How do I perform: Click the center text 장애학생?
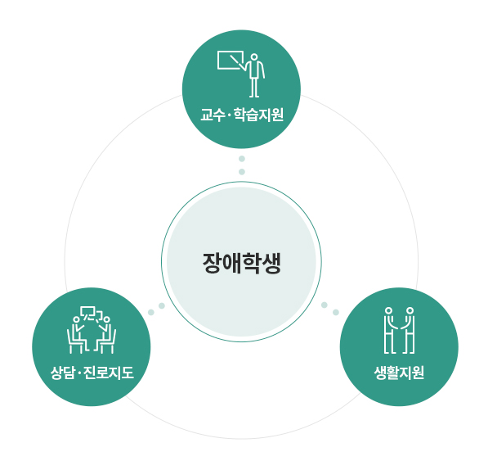242,264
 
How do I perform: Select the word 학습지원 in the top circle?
258,115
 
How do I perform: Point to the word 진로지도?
109,373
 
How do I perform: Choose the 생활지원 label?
399,373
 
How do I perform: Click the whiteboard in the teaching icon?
231,60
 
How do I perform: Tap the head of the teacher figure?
254,57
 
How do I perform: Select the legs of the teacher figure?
254,88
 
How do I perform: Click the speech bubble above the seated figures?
87,313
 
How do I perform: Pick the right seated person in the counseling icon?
105,335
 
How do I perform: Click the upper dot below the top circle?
242,159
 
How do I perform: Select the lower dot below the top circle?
242,172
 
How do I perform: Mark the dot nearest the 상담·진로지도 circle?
151,312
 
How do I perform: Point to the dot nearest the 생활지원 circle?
336,312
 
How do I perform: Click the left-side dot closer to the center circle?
162,305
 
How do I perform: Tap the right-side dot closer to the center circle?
325,305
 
